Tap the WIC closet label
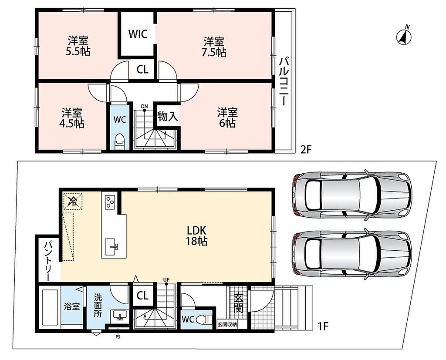tap(138, 34)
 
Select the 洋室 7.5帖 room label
tap(213, 47)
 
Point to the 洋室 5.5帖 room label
tap(78, 46)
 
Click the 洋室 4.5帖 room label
tap(73, 118)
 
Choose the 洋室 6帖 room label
tap(227, 118)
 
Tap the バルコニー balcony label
tap(283, 81)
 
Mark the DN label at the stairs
tap(145, 106)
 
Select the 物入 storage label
tap(168, 116)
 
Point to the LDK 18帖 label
tap(196, 236)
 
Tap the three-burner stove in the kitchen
tap(110, 202)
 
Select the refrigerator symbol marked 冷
tap(73, 201)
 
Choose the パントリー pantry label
tap(48, 261)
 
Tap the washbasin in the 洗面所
tap(120, 316)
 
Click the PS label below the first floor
tap(118, 337)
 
